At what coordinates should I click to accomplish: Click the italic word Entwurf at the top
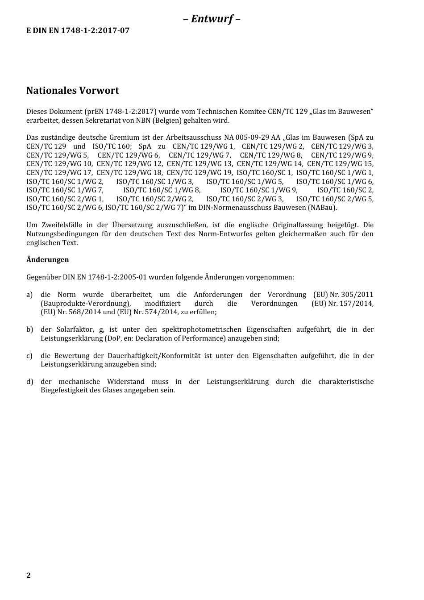(x=212, y=19)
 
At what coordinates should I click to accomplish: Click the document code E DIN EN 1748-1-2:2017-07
(x=78, y=31)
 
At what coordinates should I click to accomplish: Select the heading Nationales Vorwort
(x=73, y=91)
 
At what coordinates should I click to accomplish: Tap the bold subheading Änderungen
(x=48, y=260)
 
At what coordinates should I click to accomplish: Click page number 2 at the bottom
(x=29, y=575)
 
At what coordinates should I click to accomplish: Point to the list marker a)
(x=29, y=295)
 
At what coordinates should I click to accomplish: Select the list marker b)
(x=29, y=329)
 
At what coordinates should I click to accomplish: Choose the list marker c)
(x=29, y=356)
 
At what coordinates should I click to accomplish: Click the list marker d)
(x=29, y=382)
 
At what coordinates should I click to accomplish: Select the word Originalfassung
(x=297, y=225)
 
